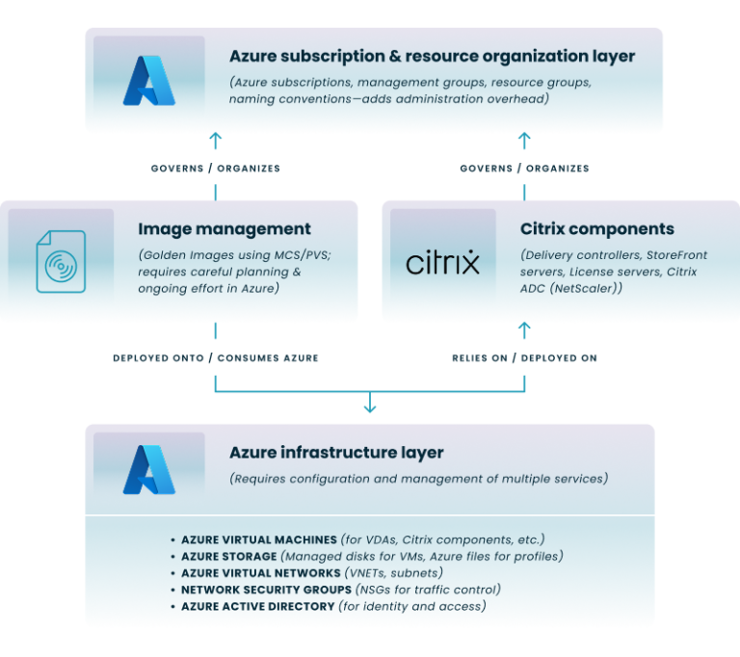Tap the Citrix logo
(x=442, y=262)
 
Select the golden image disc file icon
(x=61, y=261)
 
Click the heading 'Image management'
(x=225, y=229)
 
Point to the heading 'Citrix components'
(x=596, y=229)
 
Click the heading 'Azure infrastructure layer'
(x=336, y=452)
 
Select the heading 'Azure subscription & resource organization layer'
(x=432, y=57)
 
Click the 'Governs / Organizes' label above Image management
(x=215, y=168)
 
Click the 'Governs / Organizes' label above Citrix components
(x=524, y=168)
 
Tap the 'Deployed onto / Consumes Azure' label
(x=215, y=357)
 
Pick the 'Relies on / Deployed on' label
(x=524, y=357)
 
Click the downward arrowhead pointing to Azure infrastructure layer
(x=369, y=408)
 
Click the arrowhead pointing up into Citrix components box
(x=524, y=329)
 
